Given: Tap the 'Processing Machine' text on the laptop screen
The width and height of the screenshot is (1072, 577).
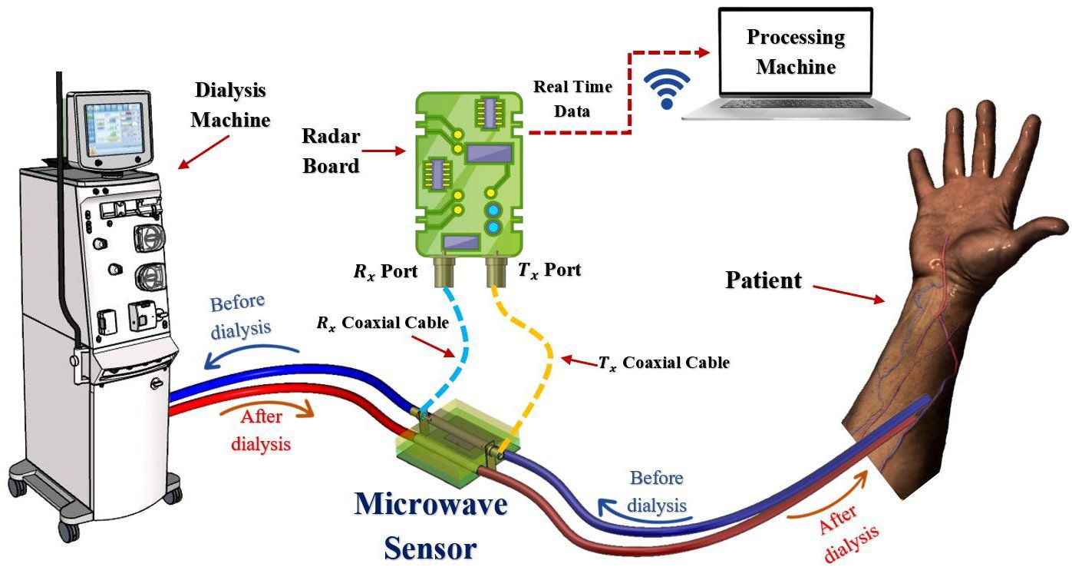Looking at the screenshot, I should click(795, 51).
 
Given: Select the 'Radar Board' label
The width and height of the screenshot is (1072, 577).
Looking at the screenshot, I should click(330, 151).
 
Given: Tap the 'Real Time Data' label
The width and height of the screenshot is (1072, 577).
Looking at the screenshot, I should click(572, 98).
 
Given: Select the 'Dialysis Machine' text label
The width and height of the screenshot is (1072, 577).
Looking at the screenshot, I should click(230, 105).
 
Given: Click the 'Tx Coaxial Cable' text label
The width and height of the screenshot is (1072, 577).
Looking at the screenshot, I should click(663, 362).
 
